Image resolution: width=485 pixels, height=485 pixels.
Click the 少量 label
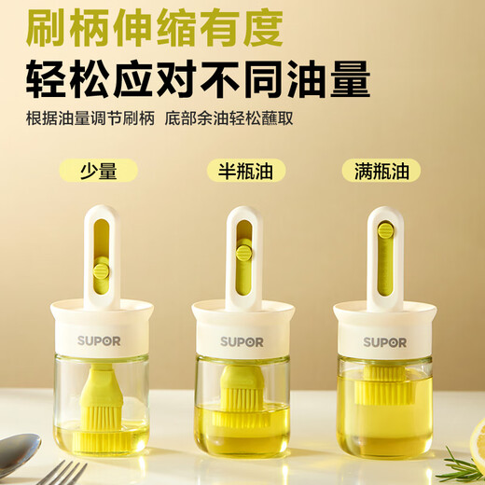tap(98, 171)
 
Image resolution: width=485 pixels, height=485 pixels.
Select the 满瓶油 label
tap(381, 171)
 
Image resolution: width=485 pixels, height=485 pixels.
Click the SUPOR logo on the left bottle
tap(99, 341)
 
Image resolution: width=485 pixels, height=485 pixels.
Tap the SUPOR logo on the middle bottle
tap(242, 342)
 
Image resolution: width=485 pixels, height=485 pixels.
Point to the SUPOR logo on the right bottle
tap(384, 341)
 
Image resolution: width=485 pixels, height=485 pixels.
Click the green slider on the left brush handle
tap(102, 271)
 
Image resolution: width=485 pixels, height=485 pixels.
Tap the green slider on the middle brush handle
tap(244, 252)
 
